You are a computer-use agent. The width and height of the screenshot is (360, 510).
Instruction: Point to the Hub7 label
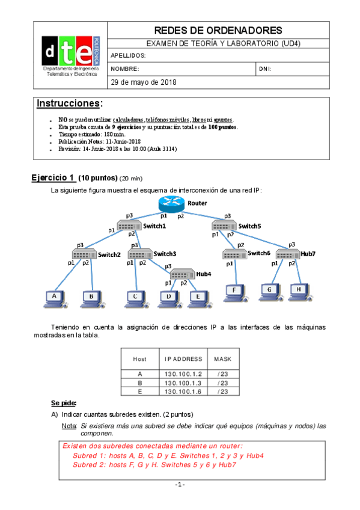308,254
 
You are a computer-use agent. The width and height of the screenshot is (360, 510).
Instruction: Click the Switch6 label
259,253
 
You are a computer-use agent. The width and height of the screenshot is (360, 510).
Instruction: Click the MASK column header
222,359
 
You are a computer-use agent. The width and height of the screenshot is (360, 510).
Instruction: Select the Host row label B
139,382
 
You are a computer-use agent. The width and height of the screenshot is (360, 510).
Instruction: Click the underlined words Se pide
64,402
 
